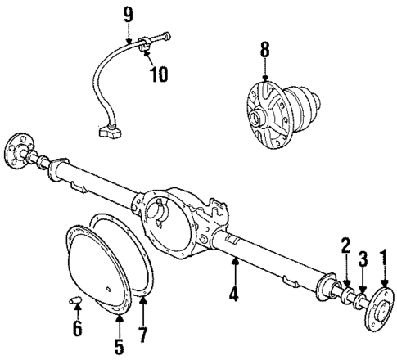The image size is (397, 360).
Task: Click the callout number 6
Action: tap(77, 328)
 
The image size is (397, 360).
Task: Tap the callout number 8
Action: tap(264, 51)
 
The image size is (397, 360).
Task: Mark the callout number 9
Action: tap(127, 13)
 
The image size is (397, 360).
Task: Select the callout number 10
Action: tap(157, 75)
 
